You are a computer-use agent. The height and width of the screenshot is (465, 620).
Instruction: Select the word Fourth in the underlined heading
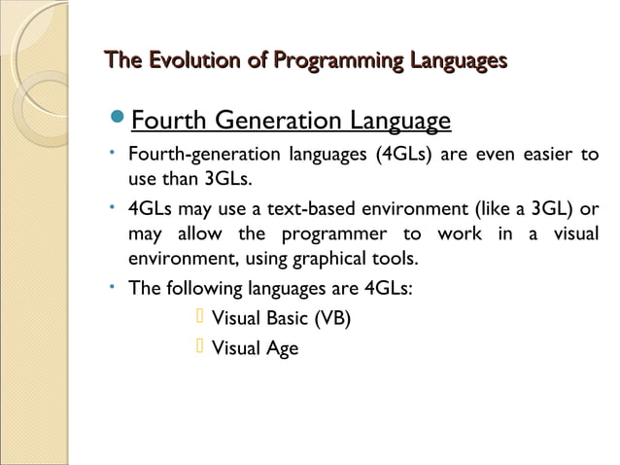tap(160, 122)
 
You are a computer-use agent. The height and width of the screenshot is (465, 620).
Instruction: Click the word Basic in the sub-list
tap(284, 319)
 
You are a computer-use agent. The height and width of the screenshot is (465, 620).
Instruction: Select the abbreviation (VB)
tap(333, 319)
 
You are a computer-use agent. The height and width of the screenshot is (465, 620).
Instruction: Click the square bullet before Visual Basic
tap(200, 317)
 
